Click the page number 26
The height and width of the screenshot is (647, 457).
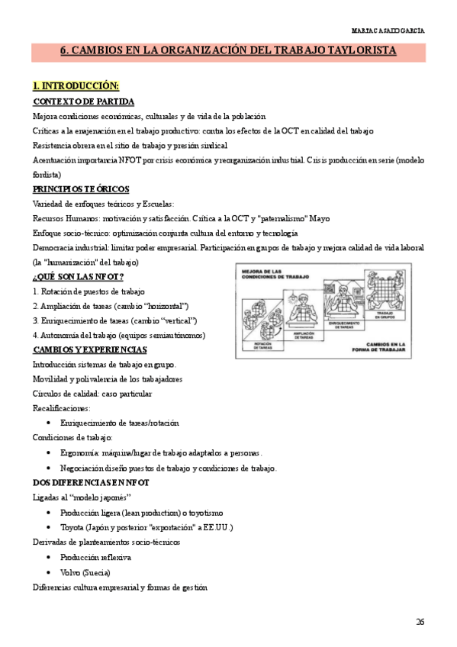(x=420, y=622)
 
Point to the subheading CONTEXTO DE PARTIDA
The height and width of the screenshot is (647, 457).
(x=84, y=101)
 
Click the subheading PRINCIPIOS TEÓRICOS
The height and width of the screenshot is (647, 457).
(x=82, y=189)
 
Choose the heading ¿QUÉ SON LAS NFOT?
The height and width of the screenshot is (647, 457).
(x=79, y=276)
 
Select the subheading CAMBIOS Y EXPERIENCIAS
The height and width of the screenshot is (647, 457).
(x=90, y=349)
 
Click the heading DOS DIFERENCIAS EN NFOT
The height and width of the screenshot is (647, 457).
(x=91, y=482)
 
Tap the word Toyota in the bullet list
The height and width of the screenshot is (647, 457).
(x=75, y=527)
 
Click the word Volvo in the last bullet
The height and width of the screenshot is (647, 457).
(x=73, y=572)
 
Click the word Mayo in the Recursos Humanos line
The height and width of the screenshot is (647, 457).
(x=320, y=218)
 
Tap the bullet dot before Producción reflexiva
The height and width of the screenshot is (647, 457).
(x=49, y=558)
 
